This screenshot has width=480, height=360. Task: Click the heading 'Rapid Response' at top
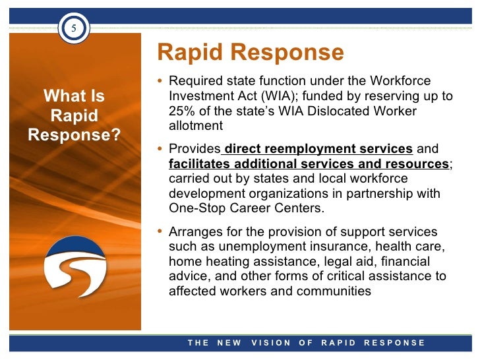(x=251, y=52)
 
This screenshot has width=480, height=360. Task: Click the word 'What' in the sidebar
(x=60, y=97)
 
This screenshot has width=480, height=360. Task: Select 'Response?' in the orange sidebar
(x=75, y=135)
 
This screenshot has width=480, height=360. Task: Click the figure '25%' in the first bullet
(x=182, y=111)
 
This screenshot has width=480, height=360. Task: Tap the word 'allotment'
(x=196, y=125)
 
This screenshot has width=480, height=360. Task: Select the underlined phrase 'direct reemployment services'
(x=319, y=148)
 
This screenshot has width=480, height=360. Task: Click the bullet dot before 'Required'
(x=162, y=82)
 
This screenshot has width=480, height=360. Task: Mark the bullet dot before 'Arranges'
(x=162, y=232)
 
